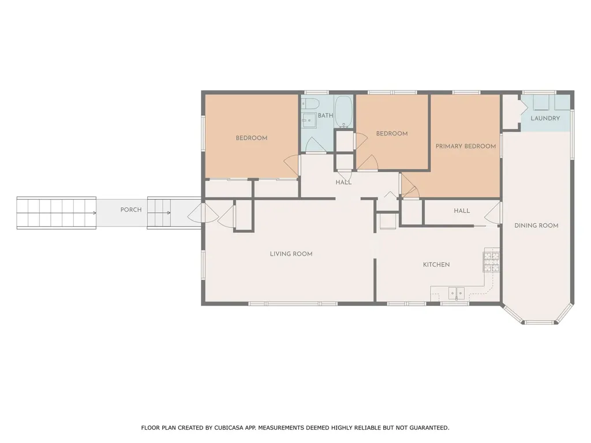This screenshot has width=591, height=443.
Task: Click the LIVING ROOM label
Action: tap(291, 254)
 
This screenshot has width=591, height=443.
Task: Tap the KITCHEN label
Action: tap(436, 264)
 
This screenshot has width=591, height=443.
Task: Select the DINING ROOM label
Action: tap(536, 226)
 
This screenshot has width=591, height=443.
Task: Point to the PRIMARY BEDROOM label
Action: tap(466, 146)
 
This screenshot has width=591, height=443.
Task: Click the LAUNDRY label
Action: tap(545, 118)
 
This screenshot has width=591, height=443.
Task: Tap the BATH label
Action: tap(326, 115)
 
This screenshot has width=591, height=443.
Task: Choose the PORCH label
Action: tap(131, 209)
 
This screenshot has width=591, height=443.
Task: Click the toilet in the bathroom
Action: tap(310, 103)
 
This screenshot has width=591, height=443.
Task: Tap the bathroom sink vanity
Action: tap(309, 120)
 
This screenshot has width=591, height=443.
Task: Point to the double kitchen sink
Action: tap(456, 292)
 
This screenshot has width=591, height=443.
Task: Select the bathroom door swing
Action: tap(316, 145)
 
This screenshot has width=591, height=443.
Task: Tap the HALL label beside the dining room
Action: tap(462, 211)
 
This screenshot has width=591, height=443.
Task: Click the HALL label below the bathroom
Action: tap(343, 182)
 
